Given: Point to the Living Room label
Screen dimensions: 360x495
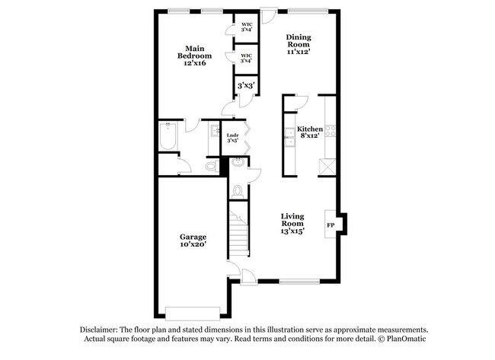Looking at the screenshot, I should coord(292,223).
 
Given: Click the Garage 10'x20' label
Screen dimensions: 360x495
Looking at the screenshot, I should coord(193,241).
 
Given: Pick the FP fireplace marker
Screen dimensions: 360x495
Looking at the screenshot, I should coord(331,225).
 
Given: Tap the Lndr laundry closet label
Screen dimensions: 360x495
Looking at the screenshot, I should coord(233,138).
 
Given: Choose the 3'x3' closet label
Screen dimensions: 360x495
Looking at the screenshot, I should coord(245,87).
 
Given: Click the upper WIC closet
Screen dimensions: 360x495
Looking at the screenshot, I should coord(247,27).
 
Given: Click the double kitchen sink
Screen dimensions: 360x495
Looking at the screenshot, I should coord(289,137).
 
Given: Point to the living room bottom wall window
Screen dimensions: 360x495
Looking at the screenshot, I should coord(299,282).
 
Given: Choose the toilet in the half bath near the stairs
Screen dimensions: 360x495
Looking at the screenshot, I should coord(237,190).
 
